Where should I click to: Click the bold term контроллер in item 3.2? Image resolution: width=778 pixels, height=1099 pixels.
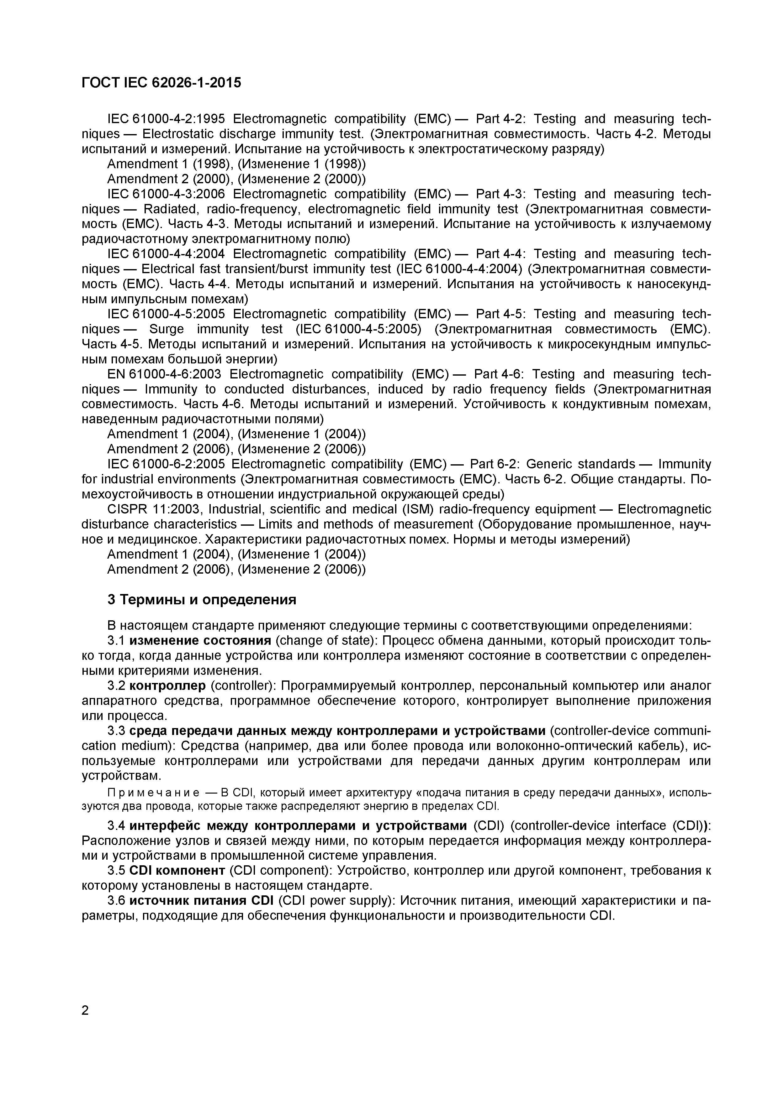(167, 685)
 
